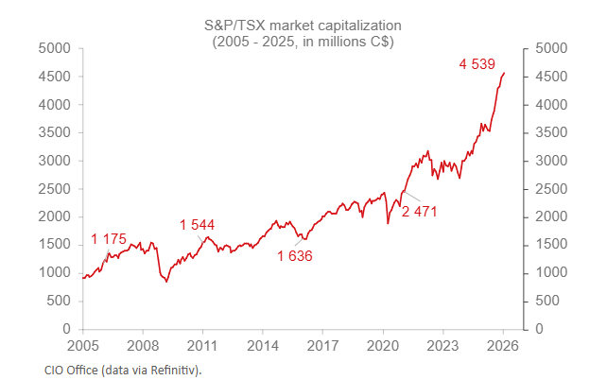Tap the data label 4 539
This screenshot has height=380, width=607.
pos(477,64)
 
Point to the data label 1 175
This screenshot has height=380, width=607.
pos(109,237)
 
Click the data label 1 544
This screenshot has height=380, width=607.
pos(197,225)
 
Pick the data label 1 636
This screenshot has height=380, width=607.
pos(294,255)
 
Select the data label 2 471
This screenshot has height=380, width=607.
pos(420,211)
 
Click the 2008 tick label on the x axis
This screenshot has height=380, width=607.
pos(143,345)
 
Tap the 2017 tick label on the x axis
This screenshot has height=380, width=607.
pos(322,345)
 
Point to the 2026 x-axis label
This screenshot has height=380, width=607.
pos(503,345)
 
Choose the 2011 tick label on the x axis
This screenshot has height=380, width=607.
pos(202,345)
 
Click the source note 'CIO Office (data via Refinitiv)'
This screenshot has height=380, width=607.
pos(123,369)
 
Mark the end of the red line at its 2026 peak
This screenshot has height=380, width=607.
pos(504,73)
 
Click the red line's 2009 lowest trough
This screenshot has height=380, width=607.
pos(166,282)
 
